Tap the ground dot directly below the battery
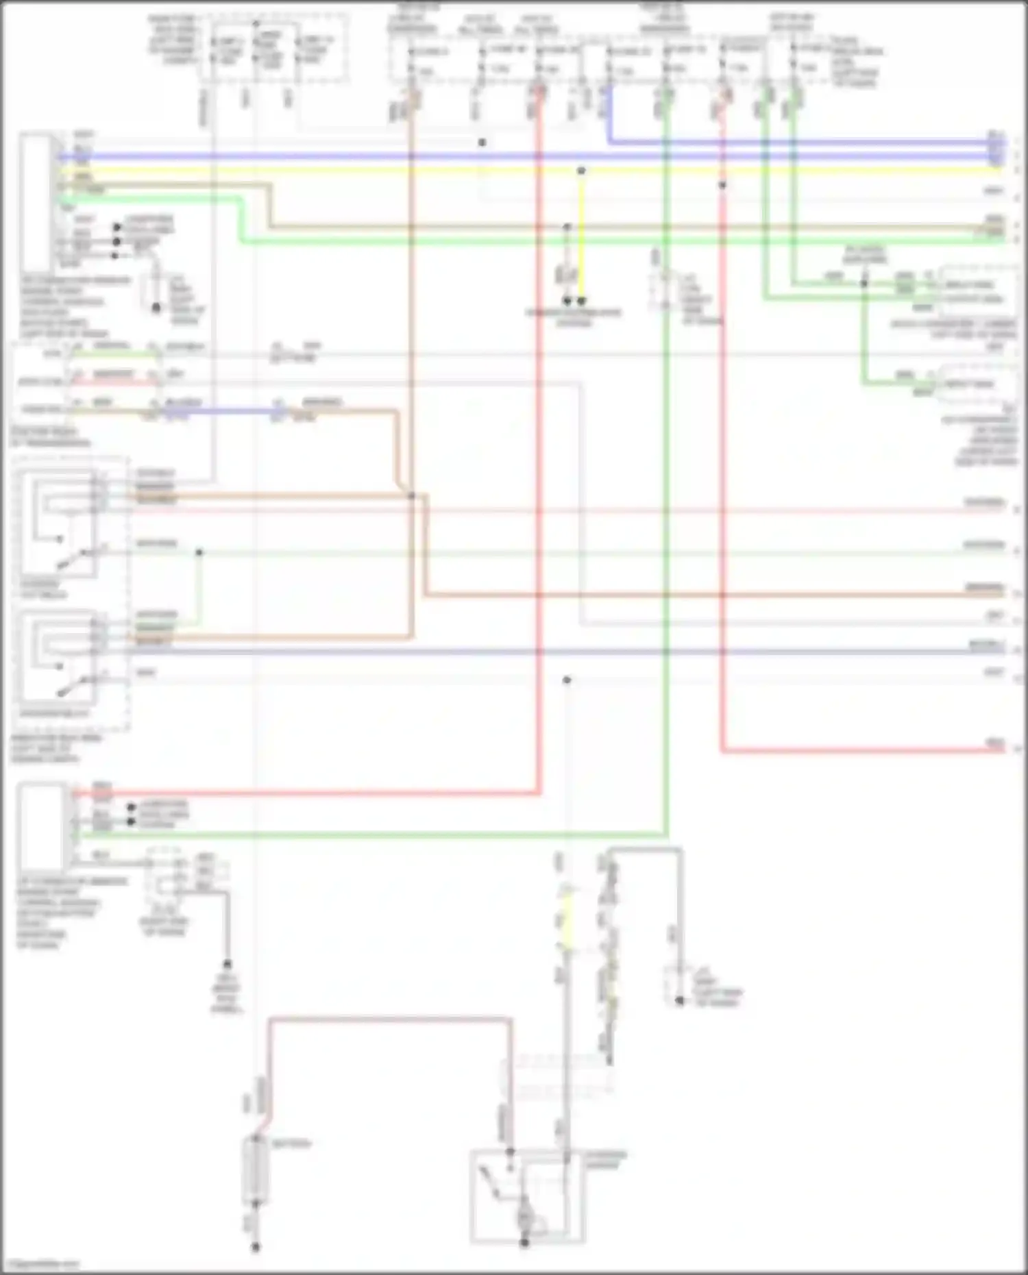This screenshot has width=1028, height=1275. [255, 1247]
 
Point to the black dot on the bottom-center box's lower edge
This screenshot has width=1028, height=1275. [524, 1241]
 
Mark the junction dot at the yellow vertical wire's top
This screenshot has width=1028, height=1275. [581, 171]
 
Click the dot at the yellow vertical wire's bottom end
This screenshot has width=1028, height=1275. [581, 300]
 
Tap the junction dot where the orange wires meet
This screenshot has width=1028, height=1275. [411, 495]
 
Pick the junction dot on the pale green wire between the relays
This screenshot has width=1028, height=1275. [199, 552]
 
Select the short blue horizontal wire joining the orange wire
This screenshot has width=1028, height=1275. [219, 412]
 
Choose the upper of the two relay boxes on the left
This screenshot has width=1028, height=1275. [59, 523]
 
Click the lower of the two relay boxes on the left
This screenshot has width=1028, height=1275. [58, 656]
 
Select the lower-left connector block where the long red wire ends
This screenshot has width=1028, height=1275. [42, 827]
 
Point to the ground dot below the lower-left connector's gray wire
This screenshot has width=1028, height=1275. [227, 965]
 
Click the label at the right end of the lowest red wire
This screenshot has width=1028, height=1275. [994, 743]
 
